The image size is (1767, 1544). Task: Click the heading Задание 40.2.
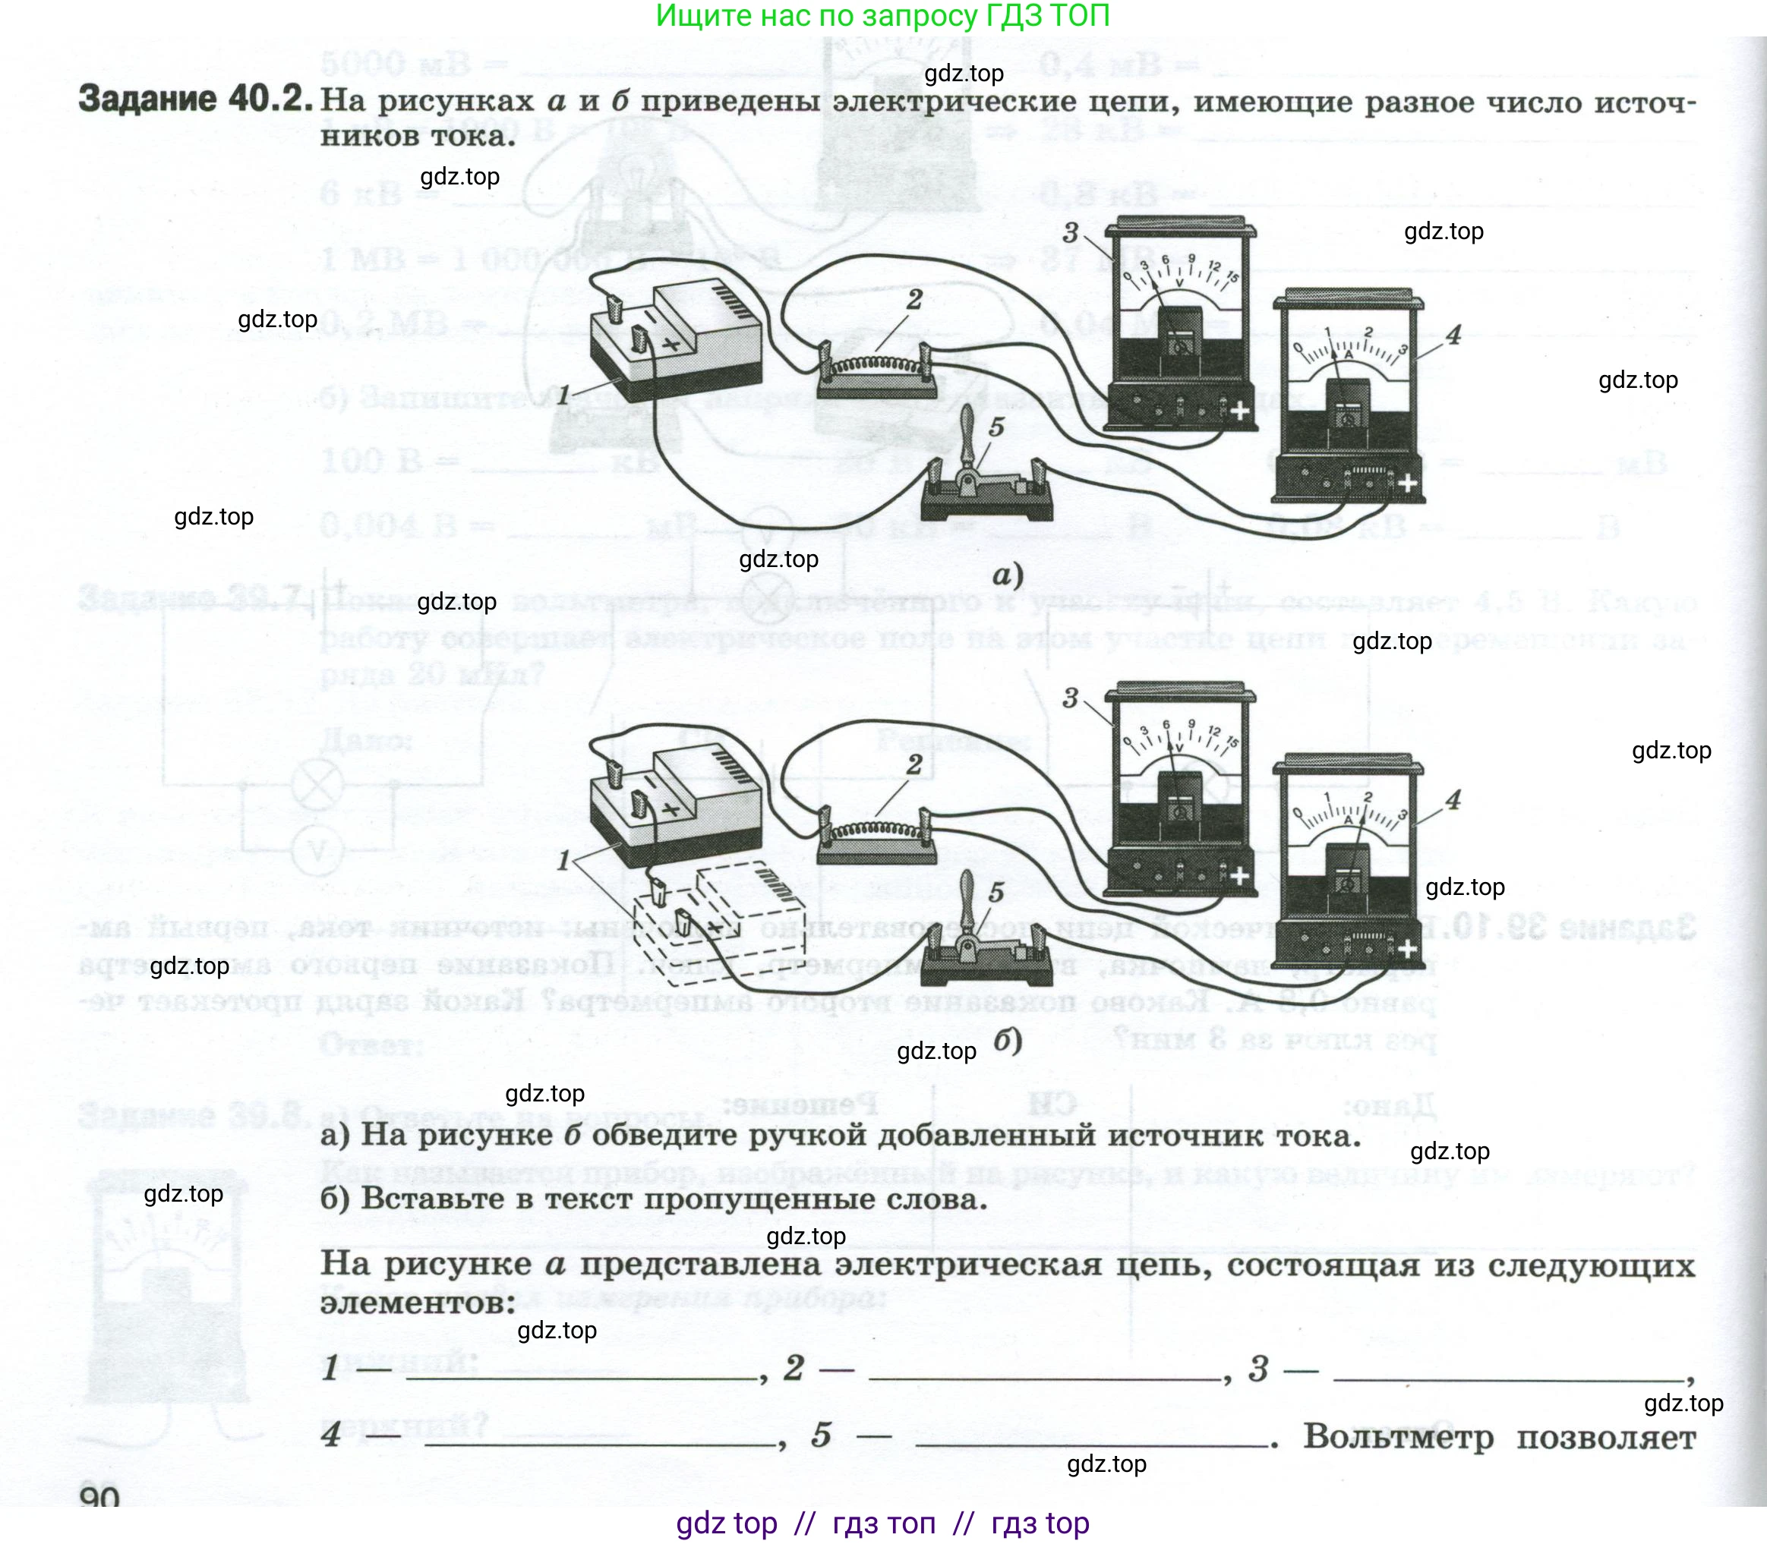click(x=195, y=99)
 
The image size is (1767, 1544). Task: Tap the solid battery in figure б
click(x=674, y=805)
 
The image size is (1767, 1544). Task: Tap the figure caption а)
click(x=1007, y=575)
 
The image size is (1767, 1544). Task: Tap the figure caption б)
click(x=1007, y=1041)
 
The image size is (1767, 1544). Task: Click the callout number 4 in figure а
click(x=1453, y=334)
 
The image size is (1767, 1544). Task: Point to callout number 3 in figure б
click(x=1070, y=697)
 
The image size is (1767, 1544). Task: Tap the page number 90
click(x=100, y=1498)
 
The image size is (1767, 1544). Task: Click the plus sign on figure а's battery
click(x=670, y=344)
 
